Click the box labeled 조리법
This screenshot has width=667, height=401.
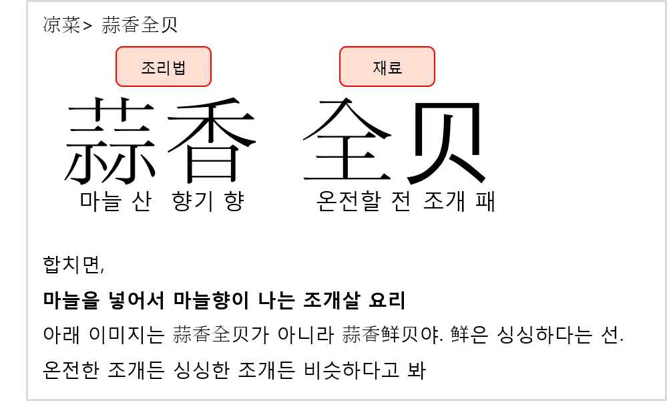click(164, 66)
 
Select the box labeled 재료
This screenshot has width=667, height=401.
click(387, 66)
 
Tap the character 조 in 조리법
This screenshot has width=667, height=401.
click(148, 68)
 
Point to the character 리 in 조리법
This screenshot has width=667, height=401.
click(164, 68)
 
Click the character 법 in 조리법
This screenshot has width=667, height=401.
click(179, 68)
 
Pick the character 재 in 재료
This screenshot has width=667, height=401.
click(380, 68)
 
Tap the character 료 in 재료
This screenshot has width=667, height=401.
click(395, 68)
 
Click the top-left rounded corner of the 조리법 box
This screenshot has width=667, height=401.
click(118, 49)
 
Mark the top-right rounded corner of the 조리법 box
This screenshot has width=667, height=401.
click(209, 49)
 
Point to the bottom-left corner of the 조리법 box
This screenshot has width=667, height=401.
click(118, 84)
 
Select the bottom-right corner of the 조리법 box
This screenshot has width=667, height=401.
click(209, 84)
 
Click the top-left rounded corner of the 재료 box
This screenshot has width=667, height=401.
click(342, 49)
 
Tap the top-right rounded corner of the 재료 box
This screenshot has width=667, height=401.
click(433, 49)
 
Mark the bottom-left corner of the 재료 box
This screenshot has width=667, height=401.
click(342, 84)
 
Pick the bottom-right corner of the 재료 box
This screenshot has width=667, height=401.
click(433, 84)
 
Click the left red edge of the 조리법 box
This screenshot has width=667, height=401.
click(116, 66)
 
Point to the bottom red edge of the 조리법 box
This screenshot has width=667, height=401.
click(164, 86)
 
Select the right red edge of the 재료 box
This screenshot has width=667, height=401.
click(435, 66)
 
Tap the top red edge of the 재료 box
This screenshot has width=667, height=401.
click(387, 47)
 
